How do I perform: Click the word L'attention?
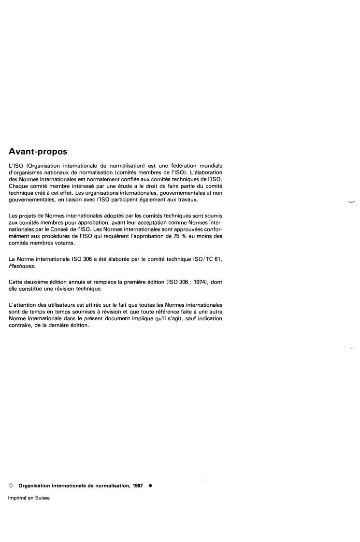23,305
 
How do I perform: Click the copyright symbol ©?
11,485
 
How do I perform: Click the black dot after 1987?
150,485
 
